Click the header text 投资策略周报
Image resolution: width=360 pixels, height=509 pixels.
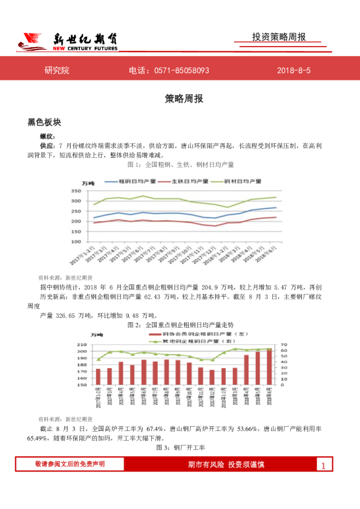click(279, 37)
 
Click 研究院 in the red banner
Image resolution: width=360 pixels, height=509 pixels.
click(57, 71)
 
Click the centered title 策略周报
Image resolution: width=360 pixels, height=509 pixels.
click(180, 99)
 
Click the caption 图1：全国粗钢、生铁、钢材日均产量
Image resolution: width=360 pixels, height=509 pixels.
click(180, 164)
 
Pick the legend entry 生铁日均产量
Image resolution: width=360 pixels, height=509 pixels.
click(185, 181)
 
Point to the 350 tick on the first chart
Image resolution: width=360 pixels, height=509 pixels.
click(76, 190)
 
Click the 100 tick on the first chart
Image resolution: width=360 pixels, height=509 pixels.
click(76, 242)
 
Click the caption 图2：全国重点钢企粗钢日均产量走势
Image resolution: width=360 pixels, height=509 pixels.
click(180, 325)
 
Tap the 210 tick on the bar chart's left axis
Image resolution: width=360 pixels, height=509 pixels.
click(82, 344)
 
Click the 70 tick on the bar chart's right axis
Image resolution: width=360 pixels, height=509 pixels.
click(283, 344)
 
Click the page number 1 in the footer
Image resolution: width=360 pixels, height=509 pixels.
click(324, 465)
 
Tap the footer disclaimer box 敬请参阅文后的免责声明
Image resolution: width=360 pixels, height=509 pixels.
click(70, 464)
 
